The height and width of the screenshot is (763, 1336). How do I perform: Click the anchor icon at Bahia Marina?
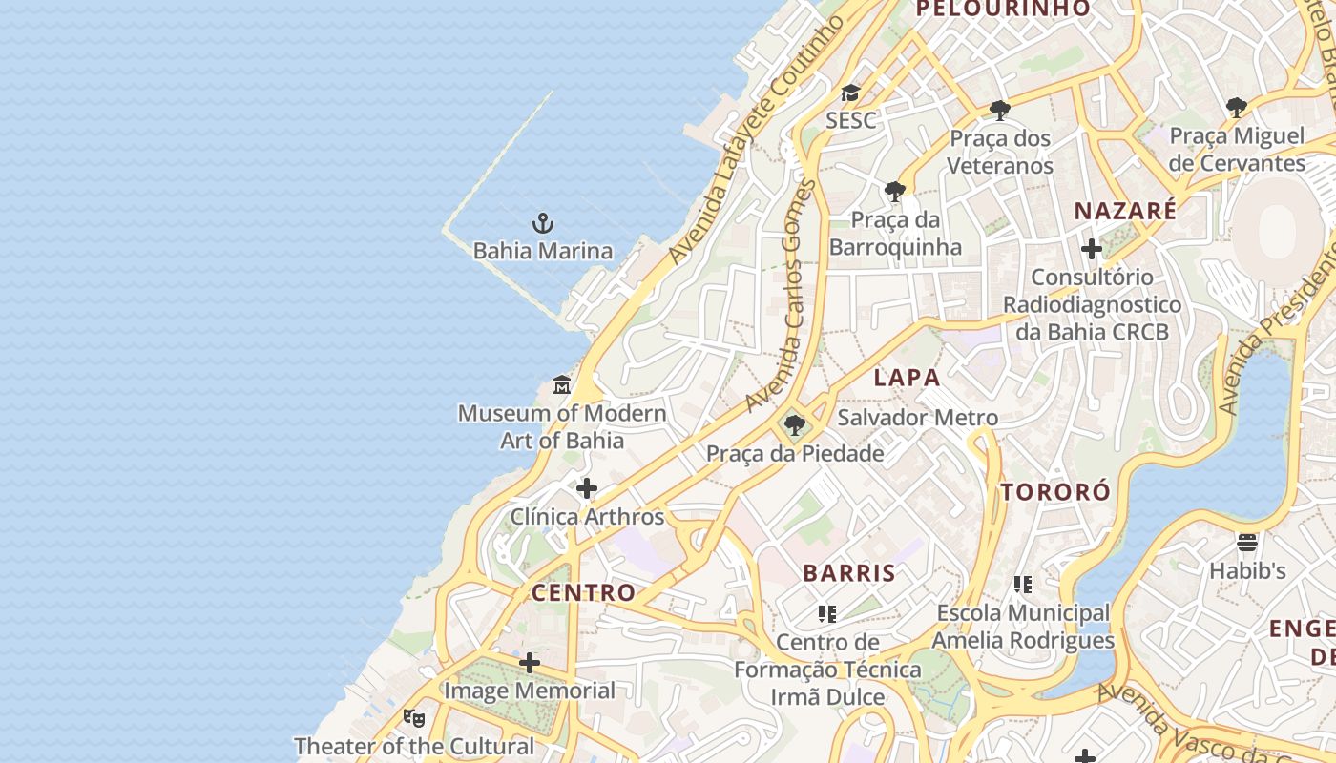(x=542, y=224)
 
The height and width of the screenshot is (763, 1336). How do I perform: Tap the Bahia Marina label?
(x=542, y=252)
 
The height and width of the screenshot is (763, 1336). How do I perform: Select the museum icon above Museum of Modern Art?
(x=562, y=386)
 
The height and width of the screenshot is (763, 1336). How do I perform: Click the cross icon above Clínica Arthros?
(x=587, y=489)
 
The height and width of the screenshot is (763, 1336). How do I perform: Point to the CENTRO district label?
(x=583, y=592)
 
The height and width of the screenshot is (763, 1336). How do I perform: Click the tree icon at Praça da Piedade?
(x=794, y=425)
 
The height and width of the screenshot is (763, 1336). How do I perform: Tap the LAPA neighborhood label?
(x=907, y=378)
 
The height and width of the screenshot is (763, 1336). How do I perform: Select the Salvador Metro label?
(x=917, y=418)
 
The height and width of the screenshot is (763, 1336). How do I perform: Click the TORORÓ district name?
(x=1055, y=492)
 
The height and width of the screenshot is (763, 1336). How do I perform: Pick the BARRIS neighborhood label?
(x=849, y=573)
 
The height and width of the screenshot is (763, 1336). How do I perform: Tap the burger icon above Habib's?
(x=1247, y=543)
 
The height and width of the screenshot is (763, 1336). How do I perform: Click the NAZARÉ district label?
(x=1125, y=211)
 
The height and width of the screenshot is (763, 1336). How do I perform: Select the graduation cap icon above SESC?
(x=849, y=93)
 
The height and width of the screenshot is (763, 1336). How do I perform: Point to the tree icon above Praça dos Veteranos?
(x=1000, y=112)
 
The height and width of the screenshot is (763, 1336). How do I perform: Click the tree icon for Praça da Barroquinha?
(x=894, y=193)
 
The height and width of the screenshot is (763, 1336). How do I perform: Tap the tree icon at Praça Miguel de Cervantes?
(x=1237, y=109)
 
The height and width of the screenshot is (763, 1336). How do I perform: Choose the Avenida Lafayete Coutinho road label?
(x=757, y=140)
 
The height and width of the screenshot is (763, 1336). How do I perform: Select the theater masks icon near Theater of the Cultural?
(x=413, y=717)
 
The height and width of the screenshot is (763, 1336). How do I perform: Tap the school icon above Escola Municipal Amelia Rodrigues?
(x=1022, y=585)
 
